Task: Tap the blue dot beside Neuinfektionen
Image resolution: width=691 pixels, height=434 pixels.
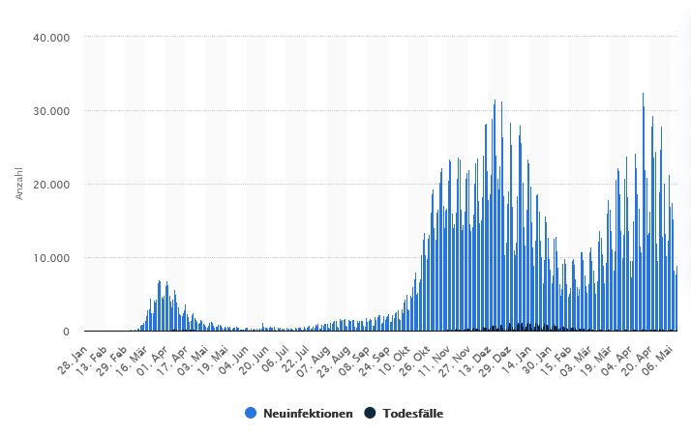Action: pyautogui.click(x=251, y=414)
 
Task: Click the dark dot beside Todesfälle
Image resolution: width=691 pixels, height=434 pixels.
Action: pyautogui.click(x=370, y=414)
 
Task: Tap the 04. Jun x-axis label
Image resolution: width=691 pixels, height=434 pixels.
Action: pyautogui.click(x=240, y=355)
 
